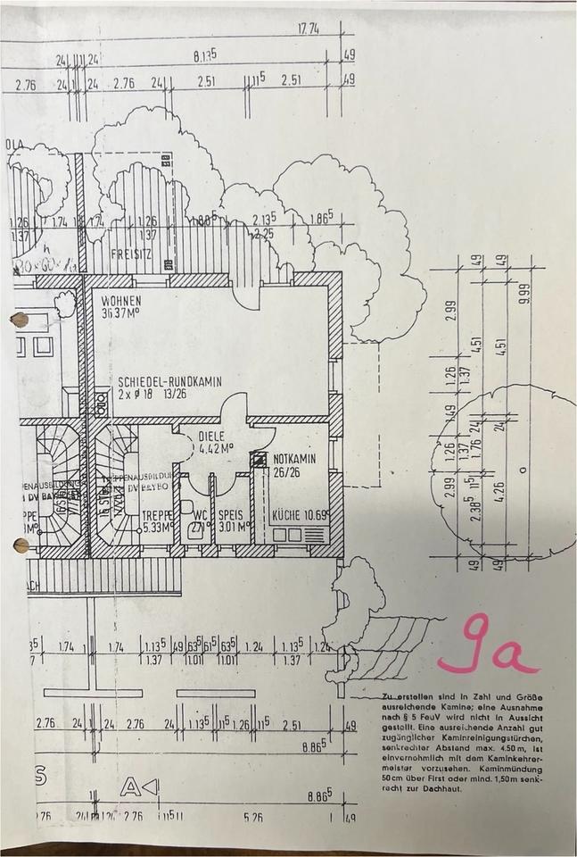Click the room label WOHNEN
(120, 300)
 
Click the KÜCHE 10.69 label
(300, 516)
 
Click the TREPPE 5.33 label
(158, 515)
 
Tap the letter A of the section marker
(131, 786)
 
